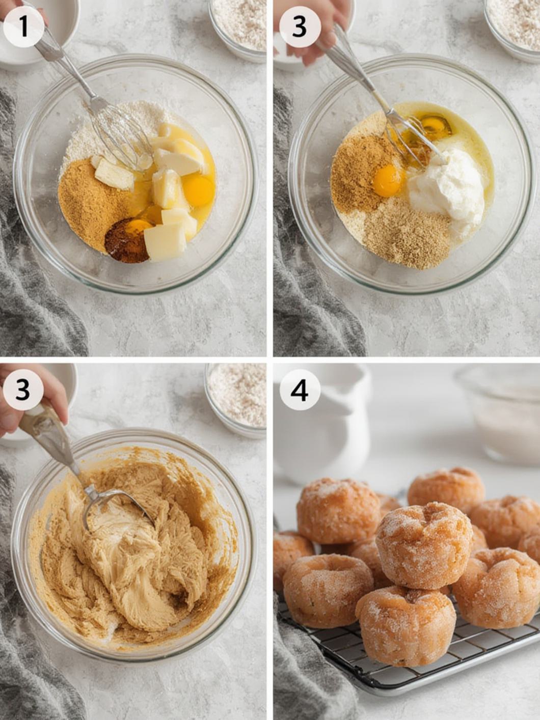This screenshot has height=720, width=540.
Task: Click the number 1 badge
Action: point(23,26)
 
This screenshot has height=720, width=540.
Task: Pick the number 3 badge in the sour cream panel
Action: point(300,26)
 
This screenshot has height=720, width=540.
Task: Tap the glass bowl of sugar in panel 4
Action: point(502,412)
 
